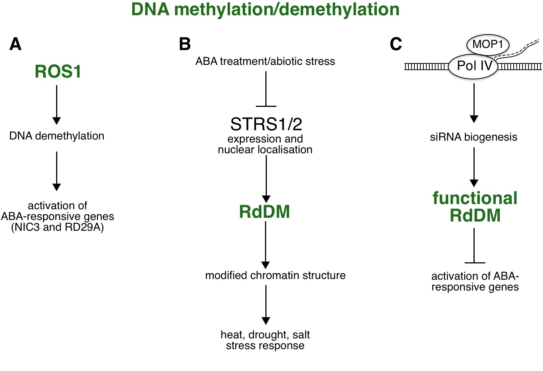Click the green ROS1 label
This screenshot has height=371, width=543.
point(58,72)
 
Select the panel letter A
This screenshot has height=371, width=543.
point(15,44)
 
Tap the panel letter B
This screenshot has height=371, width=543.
point(185,44)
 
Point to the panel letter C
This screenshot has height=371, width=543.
point(395,44)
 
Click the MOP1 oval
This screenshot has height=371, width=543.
point(488,45)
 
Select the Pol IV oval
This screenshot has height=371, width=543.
point(474,66)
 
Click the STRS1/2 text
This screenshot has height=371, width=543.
point(266,124)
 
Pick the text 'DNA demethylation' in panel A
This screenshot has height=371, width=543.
point(57,136)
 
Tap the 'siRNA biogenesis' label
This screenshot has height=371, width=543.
point(473,137)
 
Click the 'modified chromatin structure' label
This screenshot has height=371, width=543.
point(275,275)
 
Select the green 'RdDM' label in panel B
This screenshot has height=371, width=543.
point(265,212)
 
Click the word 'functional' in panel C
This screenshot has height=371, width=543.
point(475,198)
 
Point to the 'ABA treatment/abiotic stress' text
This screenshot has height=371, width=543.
point(265,61)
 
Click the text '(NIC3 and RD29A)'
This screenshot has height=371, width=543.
point(57,227)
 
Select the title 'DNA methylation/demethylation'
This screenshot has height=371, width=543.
point(265,10)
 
